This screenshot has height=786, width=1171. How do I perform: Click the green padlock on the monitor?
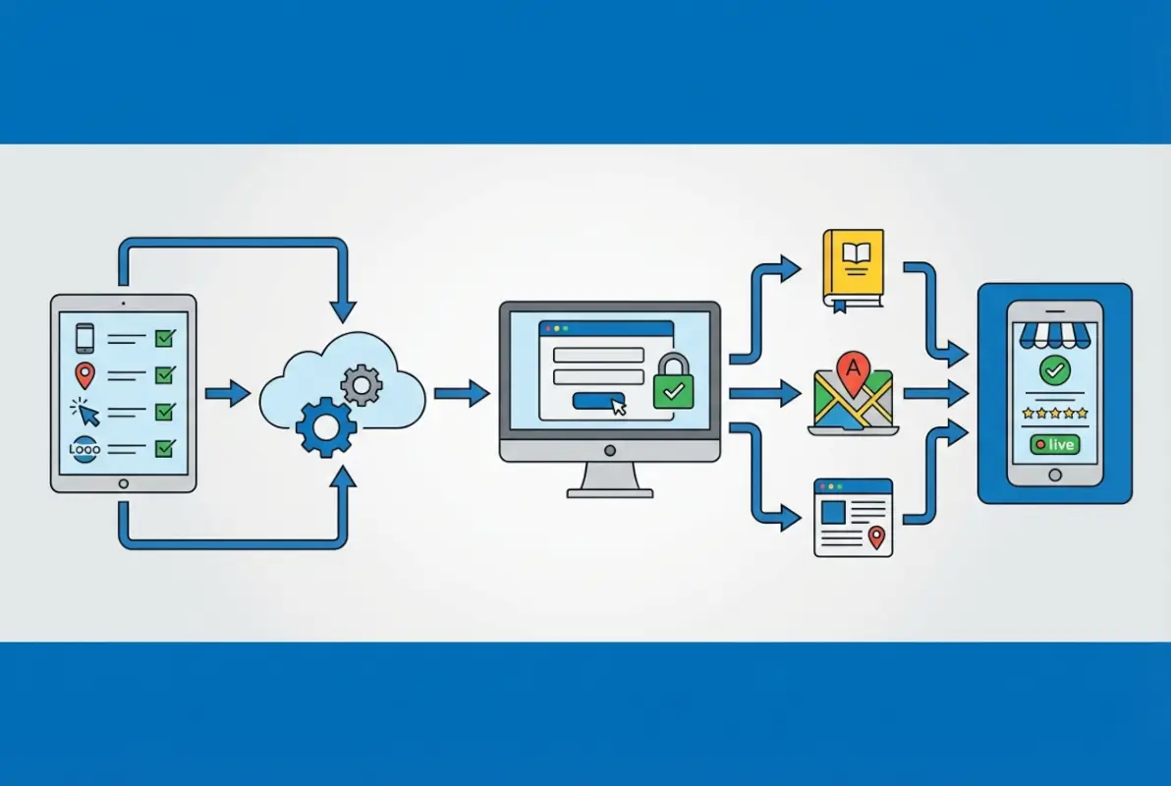(x=674, y=382)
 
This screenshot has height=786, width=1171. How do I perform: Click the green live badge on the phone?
(x=1054, y=444)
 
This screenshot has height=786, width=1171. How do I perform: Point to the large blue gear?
(x=326, y=427)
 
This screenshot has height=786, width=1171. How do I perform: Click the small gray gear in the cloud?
(x=362, y=385)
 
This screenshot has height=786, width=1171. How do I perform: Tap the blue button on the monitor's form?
(x=598, y=401)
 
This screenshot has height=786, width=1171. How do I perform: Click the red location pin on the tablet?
(x=85, y=375)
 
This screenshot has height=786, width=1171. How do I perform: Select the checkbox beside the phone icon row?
(x=165, y=338)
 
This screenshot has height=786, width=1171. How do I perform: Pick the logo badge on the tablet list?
(x=84, y=449)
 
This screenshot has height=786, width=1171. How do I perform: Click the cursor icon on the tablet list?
(x=85, y=412)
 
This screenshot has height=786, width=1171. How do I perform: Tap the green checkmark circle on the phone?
(x=1054, y=369)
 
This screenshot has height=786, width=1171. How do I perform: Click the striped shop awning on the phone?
(x=1054, y=335)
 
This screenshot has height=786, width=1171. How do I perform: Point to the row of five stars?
(x=1054, y=413)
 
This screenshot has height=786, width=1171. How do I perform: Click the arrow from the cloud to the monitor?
(x=463, y=393)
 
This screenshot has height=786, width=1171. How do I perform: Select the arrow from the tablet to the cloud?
(x=228, y=393)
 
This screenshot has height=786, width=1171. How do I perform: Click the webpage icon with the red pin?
(x=853, y=518)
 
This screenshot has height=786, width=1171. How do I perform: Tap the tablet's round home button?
(x=123, y=484)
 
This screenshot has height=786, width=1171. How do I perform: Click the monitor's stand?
(x=610, y=479)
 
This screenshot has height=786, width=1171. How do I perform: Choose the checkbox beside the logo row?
(x=165, y=448)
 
